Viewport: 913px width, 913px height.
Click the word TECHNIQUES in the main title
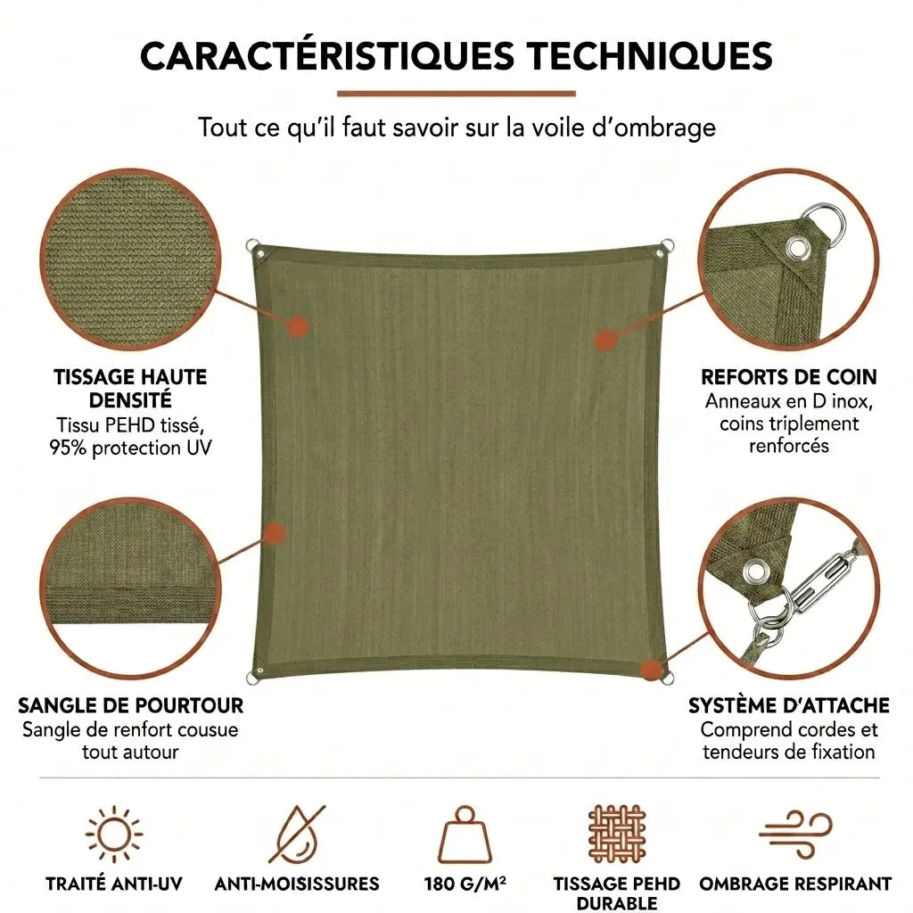(650, 56)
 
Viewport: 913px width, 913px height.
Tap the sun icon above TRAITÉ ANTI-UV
(114, 835)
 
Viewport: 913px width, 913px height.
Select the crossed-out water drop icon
(297, 835)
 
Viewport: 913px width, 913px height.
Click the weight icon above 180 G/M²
(465, 834)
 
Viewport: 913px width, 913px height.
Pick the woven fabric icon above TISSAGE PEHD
(617, 835)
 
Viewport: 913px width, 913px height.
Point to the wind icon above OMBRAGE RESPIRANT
(795, 834)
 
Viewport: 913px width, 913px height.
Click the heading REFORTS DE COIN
(789, 377)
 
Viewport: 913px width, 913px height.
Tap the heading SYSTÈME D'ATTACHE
(789, 706)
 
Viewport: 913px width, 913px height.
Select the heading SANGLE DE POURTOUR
(130, 706)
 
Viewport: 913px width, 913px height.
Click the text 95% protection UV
(130, 448)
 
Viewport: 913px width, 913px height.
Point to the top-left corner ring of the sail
(252, 246)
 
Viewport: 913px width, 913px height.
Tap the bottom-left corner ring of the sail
(253, 679)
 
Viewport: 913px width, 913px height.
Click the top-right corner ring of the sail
(667, 246)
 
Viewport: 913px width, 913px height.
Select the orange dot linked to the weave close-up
(299, 328)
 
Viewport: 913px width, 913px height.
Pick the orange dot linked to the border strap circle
(275, 533)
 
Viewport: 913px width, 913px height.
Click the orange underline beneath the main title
(456, 93)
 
